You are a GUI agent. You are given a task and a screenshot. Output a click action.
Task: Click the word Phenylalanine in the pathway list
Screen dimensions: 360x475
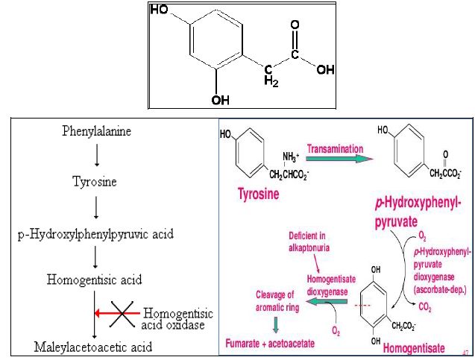(96, 132)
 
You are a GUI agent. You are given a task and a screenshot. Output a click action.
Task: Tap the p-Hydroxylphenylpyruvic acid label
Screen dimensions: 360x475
(96, 234)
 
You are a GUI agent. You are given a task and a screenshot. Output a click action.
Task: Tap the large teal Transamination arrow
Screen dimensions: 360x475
(339, 158)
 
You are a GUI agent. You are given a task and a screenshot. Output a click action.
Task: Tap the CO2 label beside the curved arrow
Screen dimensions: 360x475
(425, 306)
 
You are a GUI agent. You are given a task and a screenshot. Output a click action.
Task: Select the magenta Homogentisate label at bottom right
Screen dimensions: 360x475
(413, 347)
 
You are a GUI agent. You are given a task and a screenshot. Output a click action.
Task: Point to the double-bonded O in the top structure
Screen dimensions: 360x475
(295, 25)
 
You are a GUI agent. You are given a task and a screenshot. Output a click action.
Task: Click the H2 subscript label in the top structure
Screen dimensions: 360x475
(271, 81)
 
